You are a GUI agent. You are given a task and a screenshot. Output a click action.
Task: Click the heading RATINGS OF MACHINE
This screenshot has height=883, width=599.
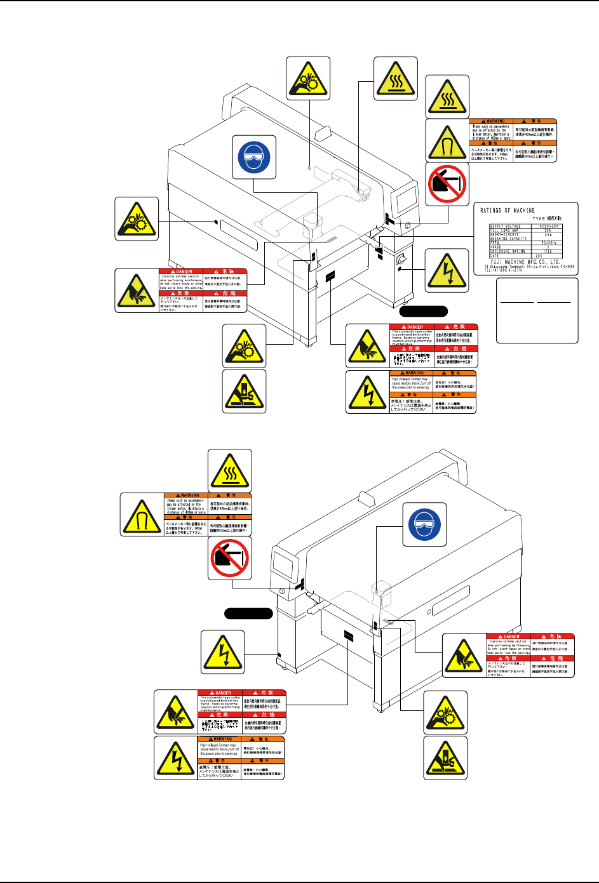(508, 211)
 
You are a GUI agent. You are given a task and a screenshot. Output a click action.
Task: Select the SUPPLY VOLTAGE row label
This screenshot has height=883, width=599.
(505, 226)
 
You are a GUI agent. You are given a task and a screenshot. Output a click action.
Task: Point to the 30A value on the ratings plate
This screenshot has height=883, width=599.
(548, 230)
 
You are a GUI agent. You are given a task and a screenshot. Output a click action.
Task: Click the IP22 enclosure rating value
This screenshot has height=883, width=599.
(548, 251)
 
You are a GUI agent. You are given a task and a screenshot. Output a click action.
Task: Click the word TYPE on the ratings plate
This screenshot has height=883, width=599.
(539, 218)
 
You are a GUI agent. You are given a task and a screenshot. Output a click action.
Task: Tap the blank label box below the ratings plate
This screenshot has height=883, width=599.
(537, 310)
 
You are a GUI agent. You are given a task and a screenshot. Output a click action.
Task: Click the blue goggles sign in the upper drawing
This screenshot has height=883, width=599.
(253, 156)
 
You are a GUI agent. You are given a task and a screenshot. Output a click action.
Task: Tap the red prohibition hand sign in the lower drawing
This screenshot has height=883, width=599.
(230, 558)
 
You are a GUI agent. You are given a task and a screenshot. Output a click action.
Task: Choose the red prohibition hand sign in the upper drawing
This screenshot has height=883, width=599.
(447, 184)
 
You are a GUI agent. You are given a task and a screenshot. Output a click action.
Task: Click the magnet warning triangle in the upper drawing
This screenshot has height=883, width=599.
(447, 140)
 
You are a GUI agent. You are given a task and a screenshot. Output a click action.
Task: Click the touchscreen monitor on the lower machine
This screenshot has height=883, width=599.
(282, 564)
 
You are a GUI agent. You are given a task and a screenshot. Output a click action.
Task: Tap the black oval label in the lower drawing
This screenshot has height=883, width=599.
(248, 613)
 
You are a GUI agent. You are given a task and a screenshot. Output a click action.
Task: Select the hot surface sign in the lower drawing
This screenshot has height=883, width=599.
(230, 470)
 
